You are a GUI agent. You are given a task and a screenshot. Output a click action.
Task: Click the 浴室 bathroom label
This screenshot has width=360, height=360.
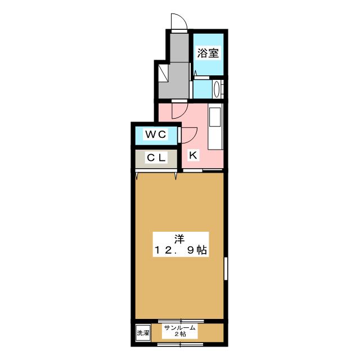(x=208, y=54)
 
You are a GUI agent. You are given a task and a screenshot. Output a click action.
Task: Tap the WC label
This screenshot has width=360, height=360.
(x=155, y=134)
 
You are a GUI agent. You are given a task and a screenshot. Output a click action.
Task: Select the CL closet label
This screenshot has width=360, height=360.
(x=156, y=158)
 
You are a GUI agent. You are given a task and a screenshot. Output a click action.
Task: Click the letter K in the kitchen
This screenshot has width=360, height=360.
(x=192, y=155)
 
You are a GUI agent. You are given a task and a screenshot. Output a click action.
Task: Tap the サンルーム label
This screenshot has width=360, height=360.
(x=179, y=327)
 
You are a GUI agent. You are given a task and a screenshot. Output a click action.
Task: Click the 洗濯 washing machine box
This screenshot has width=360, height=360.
(x=143, y=333)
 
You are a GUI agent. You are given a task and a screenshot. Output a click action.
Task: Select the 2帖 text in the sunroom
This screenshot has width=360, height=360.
(x=180, y=335)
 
